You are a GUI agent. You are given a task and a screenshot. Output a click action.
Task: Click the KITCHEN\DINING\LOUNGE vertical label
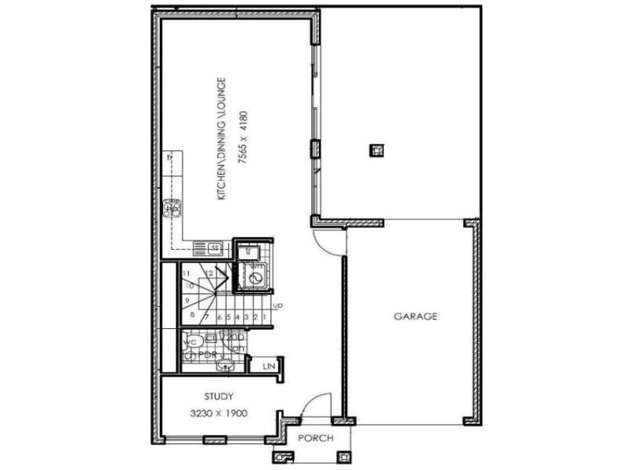(223, 137)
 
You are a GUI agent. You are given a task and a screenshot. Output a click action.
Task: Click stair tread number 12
(212, 273)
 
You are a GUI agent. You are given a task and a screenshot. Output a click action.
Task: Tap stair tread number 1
(266, 316)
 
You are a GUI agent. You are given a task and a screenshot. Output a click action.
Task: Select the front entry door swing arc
(310, 403)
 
